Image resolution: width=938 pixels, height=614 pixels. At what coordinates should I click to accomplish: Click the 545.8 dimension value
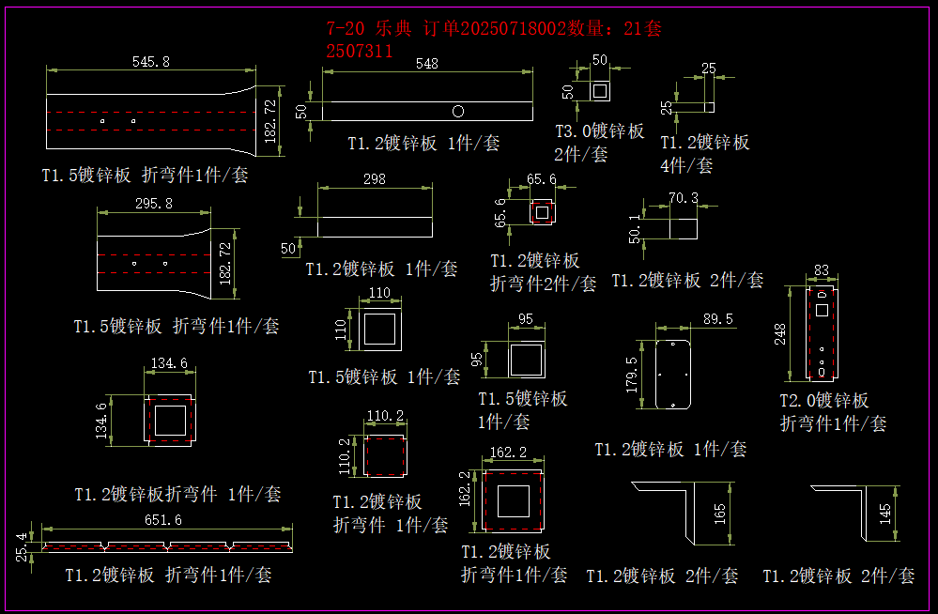151,62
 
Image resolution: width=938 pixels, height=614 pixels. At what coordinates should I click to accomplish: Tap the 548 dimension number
427,64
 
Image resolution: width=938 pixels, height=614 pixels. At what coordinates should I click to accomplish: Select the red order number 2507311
360,52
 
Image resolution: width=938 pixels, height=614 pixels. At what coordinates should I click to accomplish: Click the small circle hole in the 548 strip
458,112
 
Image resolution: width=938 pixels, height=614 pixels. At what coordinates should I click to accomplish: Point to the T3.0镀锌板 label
599,131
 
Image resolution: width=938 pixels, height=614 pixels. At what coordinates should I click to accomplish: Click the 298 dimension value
375,179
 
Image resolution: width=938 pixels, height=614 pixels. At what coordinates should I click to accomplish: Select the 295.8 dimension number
154,204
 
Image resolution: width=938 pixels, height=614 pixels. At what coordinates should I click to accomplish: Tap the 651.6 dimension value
163,520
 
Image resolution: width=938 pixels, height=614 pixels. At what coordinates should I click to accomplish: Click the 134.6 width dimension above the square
169,363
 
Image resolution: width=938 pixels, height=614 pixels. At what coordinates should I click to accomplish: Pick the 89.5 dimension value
718,319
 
